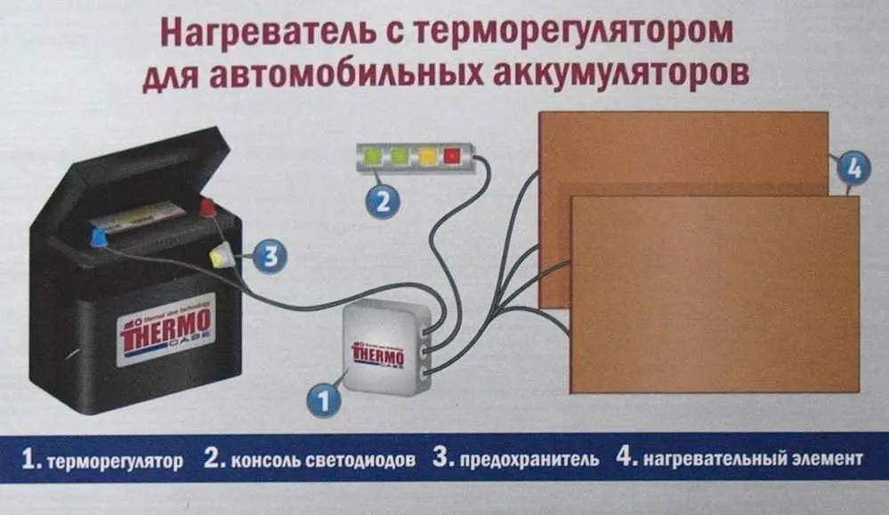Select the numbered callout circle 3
[x=270, y=257]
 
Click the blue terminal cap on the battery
[x=99, y=237]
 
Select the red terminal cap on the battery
[x=207, y=208]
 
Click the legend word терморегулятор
[x=115, y=461]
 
